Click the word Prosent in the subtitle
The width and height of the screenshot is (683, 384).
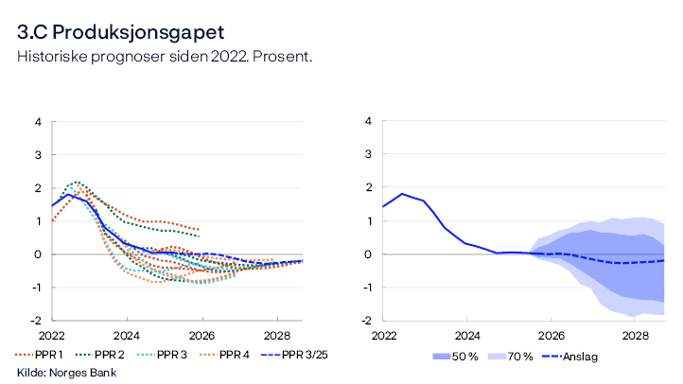coord(283,57)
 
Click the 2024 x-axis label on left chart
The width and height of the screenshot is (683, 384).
coord(127,336)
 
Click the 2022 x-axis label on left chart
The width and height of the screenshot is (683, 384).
coord(52,336)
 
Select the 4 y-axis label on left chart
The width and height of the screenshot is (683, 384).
coord(38,122)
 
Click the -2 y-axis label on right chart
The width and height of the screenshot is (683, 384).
coord(367,321)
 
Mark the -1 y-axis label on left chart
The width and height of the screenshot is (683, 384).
coord(36,288)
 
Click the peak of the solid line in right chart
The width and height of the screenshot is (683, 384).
coord(402,194)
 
